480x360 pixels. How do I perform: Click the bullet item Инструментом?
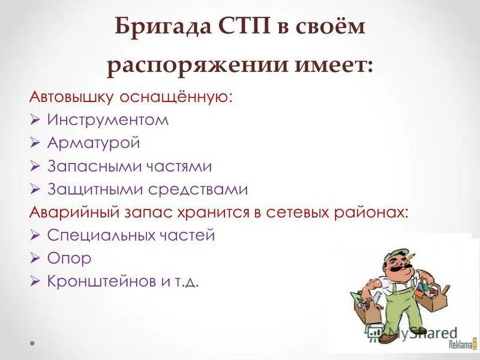click(108, 120)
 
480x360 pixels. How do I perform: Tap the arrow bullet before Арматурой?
click(35, 143)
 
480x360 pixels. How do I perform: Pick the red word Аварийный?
click(66, 212)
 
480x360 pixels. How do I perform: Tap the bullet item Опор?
click(69, 259)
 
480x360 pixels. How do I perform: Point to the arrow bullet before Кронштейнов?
click(35, 281)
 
